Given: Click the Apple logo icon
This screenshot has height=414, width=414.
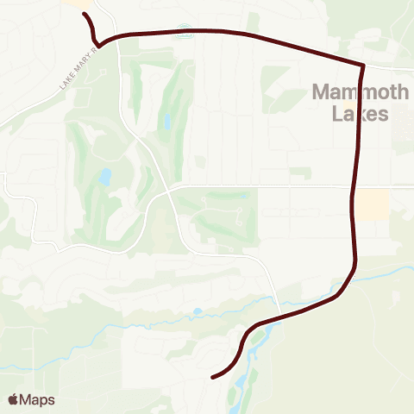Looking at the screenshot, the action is click(x=12, y=399).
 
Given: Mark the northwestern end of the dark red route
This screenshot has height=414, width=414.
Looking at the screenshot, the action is click(x=85, y=15).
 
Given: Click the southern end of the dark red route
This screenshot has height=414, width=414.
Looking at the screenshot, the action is click(x=213, y=376).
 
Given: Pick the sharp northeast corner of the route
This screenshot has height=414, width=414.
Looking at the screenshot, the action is click(x=363, y=65).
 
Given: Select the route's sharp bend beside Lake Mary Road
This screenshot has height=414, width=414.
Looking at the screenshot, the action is click(x=99, y=44).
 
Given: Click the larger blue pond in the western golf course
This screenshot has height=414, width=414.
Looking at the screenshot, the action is click(x=105, y=177).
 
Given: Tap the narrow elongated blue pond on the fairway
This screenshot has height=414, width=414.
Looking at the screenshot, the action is click(x=167, y=120).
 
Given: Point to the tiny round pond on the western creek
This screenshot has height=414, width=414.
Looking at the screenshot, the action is click(x=198, y=311).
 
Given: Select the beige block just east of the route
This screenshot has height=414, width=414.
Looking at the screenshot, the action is click(x=373, y=204).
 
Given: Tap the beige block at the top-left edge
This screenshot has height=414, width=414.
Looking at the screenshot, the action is click(x=79, y=4).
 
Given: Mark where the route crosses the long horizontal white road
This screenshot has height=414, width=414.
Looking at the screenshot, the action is click(x=354, y=185).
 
